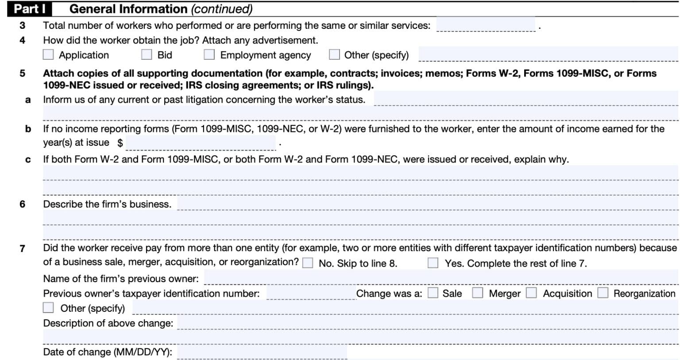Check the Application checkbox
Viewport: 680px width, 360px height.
[x=48, y=54]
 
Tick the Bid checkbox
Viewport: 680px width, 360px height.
[x=147, y=54]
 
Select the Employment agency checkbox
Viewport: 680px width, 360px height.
[x=209, y=54]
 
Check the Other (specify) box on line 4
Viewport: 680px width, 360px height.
[x=335, y=54]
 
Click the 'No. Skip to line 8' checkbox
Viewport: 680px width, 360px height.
[x=308, y=263]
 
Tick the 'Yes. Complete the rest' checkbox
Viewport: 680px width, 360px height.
[x=433, y=263]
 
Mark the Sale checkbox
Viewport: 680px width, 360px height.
[x=433, y=293]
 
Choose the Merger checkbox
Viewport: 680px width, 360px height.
[x=478, y=293]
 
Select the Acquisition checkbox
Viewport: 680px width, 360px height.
[x=531, y=293]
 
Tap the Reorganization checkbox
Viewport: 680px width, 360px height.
[x=603, y=293]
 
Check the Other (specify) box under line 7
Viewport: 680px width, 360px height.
[x=48, y=308]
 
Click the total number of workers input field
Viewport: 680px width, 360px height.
[x=485, y=25]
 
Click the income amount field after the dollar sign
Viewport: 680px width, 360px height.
[x=201, y=143]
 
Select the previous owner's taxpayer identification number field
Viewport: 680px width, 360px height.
[x=311, y=293]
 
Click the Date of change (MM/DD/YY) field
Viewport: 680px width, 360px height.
[x=262, y=352]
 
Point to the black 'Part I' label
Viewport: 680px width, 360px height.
[x=30, y=9]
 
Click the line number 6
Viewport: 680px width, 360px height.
[x=23, y=204]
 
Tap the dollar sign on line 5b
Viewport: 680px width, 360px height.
[x=120, y=143]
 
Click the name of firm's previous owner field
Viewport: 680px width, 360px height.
[x=440, y=278]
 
